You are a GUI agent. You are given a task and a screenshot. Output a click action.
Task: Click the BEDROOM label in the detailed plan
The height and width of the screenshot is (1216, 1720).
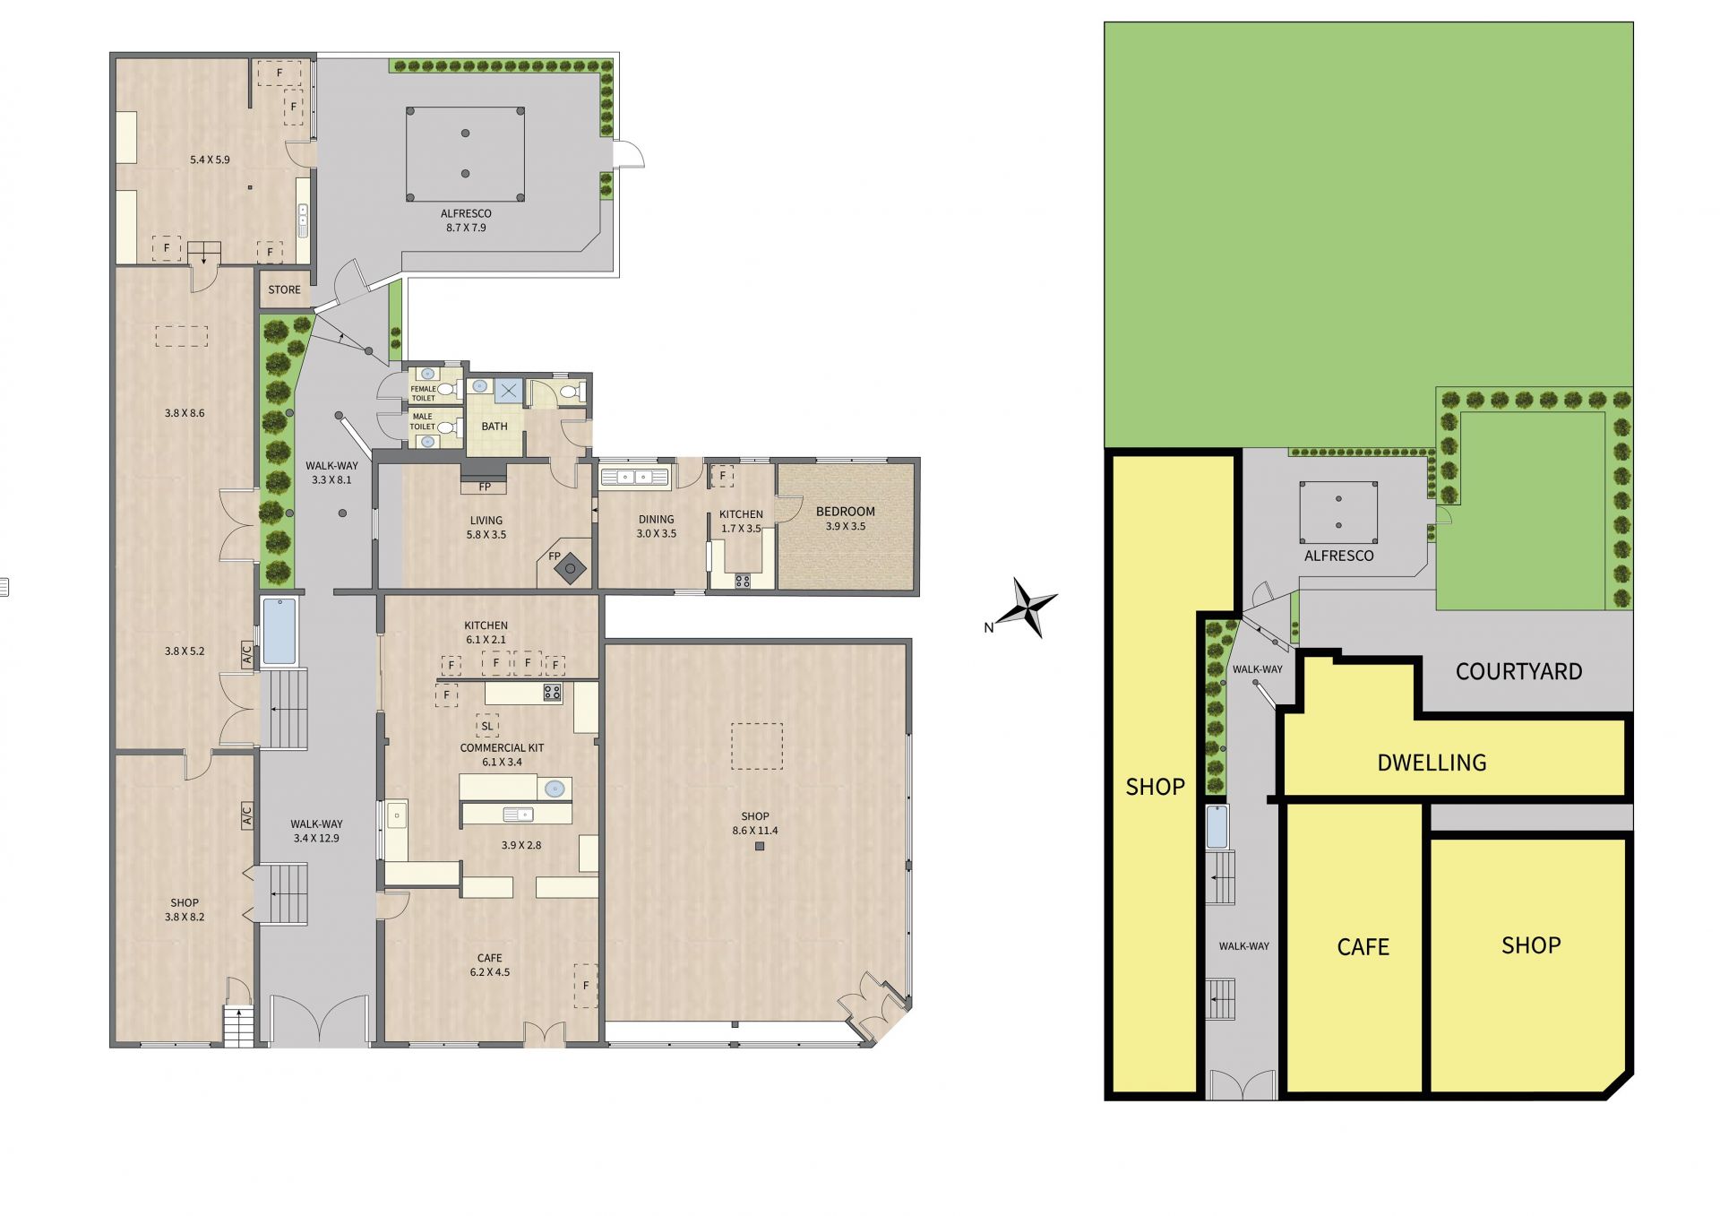click(x=845, y=519)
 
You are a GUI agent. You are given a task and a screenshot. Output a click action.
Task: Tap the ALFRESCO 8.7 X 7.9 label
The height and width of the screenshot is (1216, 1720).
click(x=466, y=220)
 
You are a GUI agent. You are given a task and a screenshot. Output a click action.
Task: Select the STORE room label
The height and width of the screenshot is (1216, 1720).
click(x=284, y=289)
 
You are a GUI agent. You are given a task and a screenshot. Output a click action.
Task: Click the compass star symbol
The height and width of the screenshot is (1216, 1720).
click(x=1032, y=607)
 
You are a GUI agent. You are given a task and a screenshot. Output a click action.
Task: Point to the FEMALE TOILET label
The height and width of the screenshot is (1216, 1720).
click(x=424, y=393)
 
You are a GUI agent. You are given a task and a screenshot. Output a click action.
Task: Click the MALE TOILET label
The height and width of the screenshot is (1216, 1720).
click(x=423, y=421)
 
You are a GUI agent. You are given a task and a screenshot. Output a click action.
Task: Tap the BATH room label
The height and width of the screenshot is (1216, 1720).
click(x=494, y=427)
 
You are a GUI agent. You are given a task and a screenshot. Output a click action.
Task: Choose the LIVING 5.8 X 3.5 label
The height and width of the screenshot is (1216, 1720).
click(x=486, y=527)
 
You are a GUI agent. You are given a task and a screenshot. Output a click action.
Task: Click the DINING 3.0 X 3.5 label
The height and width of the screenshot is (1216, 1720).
click(x=656, y=526)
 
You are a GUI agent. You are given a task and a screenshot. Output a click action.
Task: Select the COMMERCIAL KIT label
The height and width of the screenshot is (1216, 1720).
click(x=502, y=747)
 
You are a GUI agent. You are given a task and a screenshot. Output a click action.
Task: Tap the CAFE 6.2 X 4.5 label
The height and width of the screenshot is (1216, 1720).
click(x=489, y=965)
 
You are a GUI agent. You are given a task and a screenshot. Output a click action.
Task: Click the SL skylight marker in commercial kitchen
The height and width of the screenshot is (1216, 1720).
click(x=487, y=726)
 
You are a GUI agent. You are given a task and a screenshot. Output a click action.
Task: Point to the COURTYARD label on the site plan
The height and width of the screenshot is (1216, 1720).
click(x=1518, y=671)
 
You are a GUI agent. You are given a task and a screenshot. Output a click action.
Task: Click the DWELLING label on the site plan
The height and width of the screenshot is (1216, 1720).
click(x=1432, y=763)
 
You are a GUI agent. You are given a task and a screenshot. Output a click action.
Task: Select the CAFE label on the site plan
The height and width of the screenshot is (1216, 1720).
click(x=1363, y=947)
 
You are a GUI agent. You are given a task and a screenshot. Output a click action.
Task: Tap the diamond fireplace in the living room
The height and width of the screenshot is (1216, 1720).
click(x=570, y=569)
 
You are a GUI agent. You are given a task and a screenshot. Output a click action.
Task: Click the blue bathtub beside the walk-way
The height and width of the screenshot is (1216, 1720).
click(x=279, y=632)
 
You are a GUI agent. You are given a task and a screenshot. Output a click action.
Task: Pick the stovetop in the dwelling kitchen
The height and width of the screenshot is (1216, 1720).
click(x=743, y=581)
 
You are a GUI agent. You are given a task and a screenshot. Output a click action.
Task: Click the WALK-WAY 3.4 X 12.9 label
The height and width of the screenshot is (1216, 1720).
click(x=316, y=831)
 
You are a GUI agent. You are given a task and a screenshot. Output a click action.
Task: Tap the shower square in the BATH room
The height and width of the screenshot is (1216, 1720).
click(x=508, y=391)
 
